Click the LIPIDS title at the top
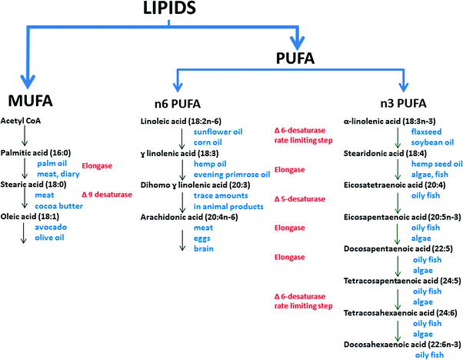click(169, 8)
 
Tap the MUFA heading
click(31, 101)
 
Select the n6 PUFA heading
click(178, 104)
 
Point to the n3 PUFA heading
click(403, 103)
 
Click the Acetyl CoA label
click(21, 121)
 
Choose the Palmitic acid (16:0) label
click(35, 152)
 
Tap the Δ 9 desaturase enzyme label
click(107, 195)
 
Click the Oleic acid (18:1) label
click(30, 216)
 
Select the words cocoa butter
click(58, 206)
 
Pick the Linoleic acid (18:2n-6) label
click(181, 122)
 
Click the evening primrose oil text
click(231, 175)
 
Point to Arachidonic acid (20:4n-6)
click(189, 218)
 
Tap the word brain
click(204, 248)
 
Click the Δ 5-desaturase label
click(300, 199)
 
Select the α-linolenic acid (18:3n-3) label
click(389, 122)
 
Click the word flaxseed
click(426, 132)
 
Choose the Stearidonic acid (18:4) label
click(385, 153)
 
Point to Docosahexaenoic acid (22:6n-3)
click(402, 345)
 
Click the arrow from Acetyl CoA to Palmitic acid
click(25, 136)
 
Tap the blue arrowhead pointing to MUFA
click(28, 82)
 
